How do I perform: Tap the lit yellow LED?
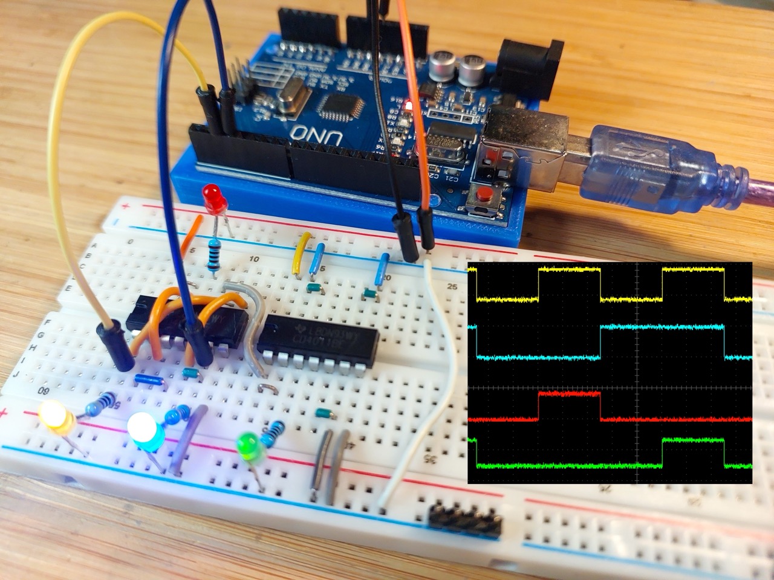[x=54, y=416]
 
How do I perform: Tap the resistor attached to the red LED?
[x=213, y=254]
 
